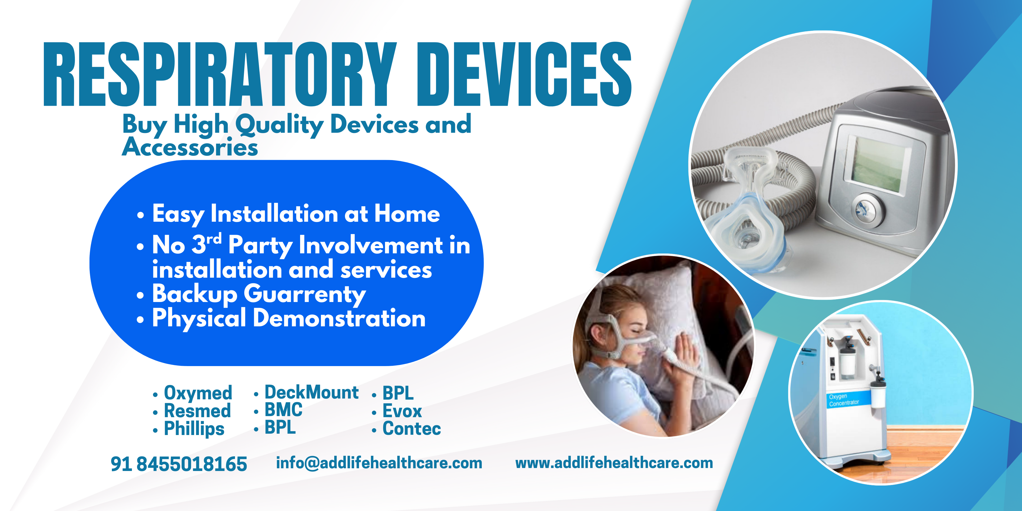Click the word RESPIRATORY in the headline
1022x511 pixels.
220,74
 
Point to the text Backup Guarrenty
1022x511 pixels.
259,294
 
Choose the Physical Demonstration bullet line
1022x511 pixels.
289,318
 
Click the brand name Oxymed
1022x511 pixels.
198,393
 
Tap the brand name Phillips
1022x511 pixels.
194,429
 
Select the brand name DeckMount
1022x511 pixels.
311,392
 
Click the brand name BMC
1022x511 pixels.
283,410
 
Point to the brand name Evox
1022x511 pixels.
402,411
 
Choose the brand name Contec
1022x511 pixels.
412,429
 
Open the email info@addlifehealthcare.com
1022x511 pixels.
379,463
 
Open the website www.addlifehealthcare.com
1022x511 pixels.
614,463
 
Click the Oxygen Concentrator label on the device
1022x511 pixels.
844,400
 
